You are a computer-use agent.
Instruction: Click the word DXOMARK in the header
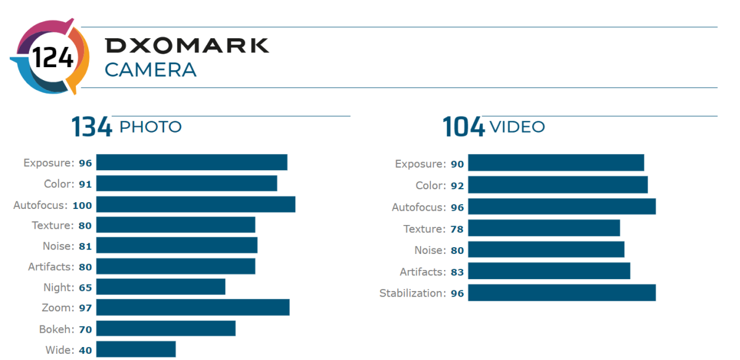click(x=187, y=46)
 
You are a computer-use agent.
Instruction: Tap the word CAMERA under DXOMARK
click(x=150, y=70)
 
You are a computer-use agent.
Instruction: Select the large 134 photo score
click(x=91, y=128)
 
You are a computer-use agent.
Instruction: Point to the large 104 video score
click(x=464, y=128)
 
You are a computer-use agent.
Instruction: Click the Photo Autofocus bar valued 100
click(x=195, y=205)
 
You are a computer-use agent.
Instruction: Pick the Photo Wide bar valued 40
click(x=136, y=350)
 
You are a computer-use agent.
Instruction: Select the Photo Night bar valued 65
click(x=160, y=287)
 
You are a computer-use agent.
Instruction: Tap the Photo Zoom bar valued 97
click(x=192, y=308)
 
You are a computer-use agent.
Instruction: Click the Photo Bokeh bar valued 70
click(x=165, y=329)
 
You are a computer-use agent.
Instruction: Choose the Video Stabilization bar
click(x=561, y=293)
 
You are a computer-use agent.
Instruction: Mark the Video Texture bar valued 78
click(x=543, y=228)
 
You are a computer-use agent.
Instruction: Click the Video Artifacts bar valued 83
click(x=549, y=271)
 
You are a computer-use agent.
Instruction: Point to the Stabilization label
click(x=412, y=293)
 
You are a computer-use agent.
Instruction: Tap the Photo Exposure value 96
click(x=85, y=163)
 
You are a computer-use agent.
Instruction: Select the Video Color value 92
click(x=457, y=186)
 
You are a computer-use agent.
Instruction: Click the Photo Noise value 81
click(x=85, y=246)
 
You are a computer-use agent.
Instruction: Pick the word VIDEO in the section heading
click(x=517, y=127)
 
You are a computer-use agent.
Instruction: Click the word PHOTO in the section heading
click(x=150, y=127)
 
